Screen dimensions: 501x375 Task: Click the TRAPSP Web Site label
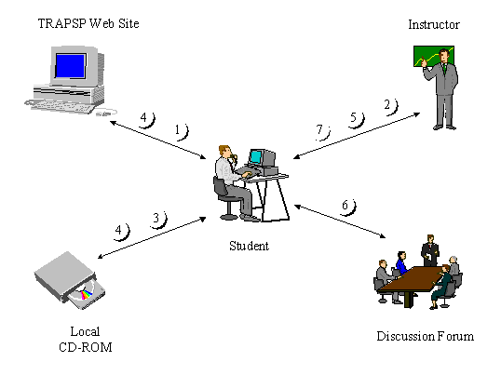pos(88,23)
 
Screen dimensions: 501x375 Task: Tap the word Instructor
pos(434,24)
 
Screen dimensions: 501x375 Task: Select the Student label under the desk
pos(250,246)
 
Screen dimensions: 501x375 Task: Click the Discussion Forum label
pos(425,336)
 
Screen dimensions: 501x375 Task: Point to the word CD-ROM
pos(86,347)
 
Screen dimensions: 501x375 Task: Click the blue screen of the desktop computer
pos(70,65)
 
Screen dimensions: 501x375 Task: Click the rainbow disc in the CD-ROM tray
pos(85,294)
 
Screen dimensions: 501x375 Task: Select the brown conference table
pos(413,281)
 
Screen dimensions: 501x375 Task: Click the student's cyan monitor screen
pos(255,156)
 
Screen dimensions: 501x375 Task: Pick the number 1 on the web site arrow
pos(178,129)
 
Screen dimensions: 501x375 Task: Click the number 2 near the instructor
pos(387,104)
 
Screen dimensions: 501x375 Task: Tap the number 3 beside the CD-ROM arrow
pos(156,218)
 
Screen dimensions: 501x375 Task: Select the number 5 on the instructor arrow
pos(353,117)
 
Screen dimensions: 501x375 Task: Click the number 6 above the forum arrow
pos(345,205)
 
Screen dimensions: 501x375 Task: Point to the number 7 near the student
pos(319,129)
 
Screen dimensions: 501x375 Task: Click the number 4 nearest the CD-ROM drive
pos(118,230)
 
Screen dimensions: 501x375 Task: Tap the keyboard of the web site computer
pos(61,106)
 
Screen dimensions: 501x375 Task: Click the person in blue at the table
pos(402,262)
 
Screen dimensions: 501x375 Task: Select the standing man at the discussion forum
pos(430,250)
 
